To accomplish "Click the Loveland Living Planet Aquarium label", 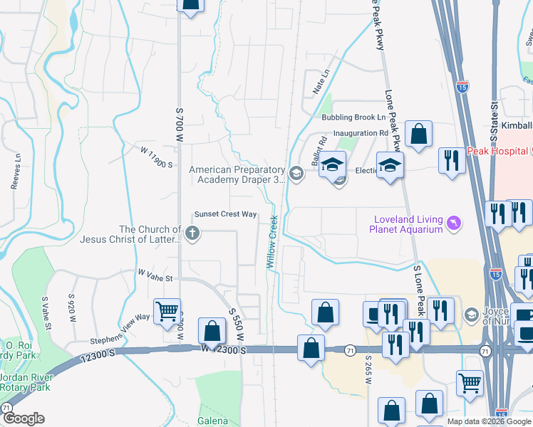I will click(405, 224).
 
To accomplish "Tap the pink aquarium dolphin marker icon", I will click(452, 224).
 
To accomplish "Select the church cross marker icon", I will click(192, 232).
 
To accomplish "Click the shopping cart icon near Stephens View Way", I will click(167, 311).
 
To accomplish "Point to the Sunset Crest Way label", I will click(225, 214).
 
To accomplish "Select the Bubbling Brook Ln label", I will click(353, 117).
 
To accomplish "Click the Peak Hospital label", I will click(497, 152).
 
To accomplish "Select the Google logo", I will click(23, 418).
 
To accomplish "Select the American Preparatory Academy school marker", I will click(296, 172).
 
